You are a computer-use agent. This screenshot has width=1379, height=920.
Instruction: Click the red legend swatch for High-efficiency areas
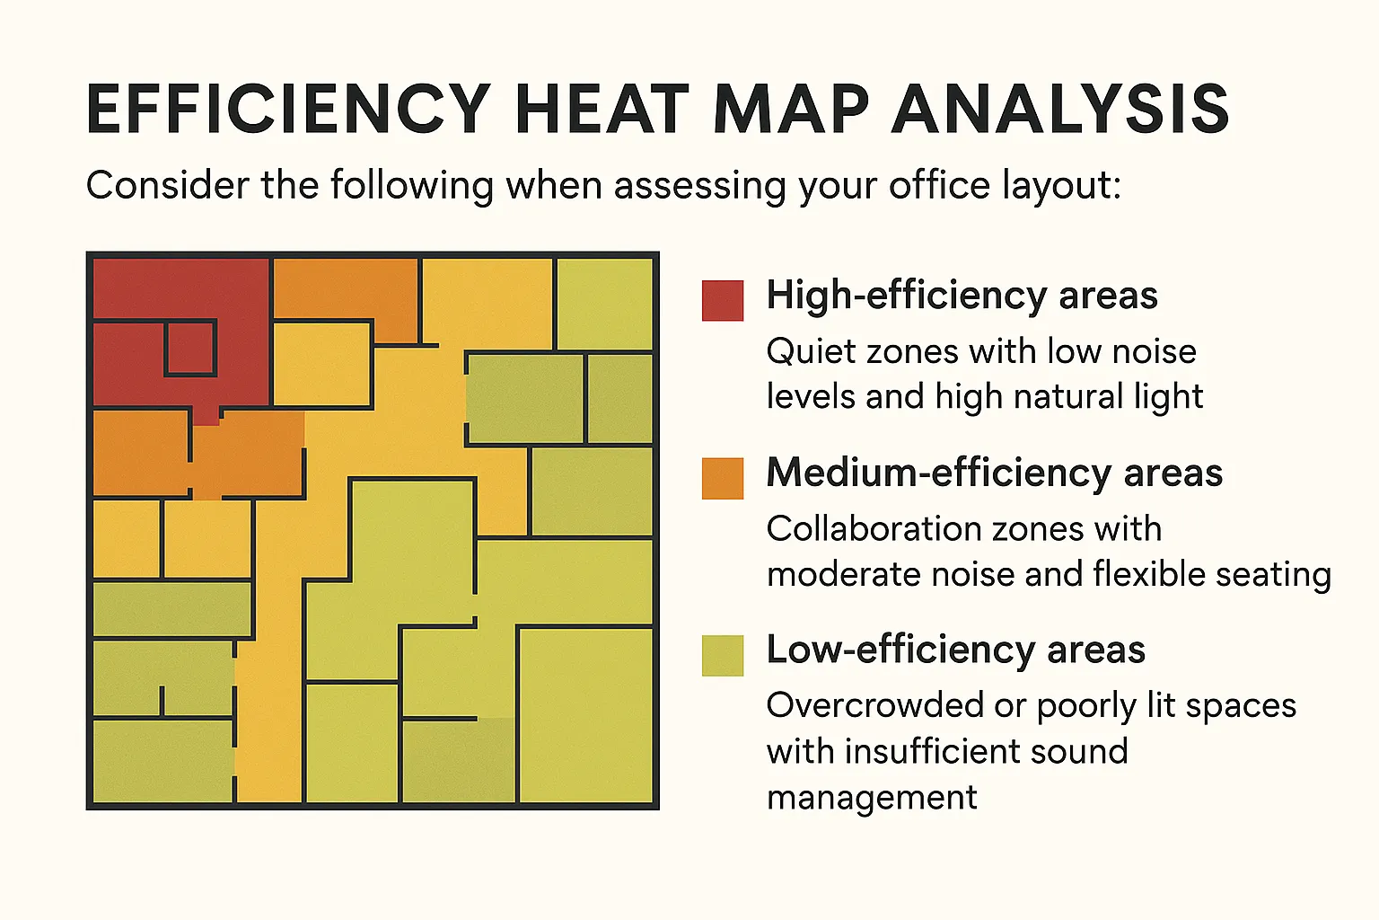tap(722, 301)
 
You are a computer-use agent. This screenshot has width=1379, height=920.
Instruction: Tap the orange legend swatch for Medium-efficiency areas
tap(722, 478)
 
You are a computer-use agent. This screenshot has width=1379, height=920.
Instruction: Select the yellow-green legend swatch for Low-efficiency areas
tap(722, 656)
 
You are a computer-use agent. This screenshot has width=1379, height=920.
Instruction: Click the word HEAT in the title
tap(602, 109)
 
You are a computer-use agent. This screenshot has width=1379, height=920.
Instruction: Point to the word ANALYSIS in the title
tap(1060, 109)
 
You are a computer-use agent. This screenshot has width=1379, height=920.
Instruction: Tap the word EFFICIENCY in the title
tap(289, 109)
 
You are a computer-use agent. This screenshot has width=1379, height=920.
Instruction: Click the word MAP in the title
tap(790, 109)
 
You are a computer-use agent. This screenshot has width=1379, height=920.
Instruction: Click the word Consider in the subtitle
tap(168, 184)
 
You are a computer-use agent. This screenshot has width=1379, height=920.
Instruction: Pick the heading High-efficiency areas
tap(962, 296)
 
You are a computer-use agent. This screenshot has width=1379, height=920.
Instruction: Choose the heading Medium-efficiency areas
tap(994, 473)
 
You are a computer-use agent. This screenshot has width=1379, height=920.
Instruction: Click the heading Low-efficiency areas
tap(955, 650)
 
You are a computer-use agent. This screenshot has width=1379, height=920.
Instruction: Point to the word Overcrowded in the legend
tap(874, 705)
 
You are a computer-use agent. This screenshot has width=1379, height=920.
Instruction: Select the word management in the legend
tap(872, 799)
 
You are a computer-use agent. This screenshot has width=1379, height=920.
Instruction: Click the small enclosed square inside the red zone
tap(190, 349)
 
